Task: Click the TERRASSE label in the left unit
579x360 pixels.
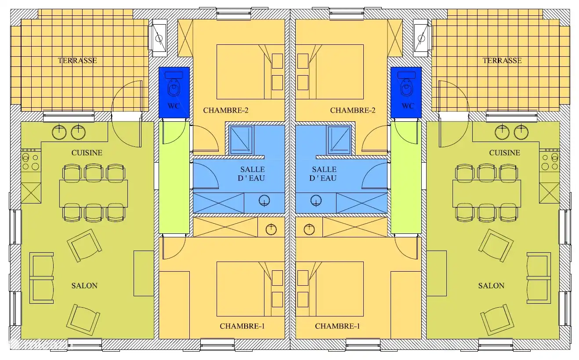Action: tap(77, 61)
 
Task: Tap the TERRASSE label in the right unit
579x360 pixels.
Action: tap(502, 61)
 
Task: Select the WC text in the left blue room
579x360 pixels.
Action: tap(174, 106)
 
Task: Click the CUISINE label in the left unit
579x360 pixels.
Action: tap(87, 153)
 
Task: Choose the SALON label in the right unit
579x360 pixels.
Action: tap(491, 286)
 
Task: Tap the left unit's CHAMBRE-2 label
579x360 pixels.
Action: tap(226, 110)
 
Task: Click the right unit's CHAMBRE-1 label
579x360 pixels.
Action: tap(337, 326)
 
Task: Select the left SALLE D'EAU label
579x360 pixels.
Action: tap(253, 174)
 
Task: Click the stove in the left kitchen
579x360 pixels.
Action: tap(30, 162)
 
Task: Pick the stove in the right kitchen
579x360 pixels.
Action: tap(550, 162)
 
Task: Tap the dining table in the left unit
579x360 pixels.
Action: tap(94, 193)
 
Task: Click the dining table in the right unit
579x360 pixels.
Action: tap(487, 193)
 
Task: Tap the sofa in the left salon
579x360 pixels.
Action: tap(41, 278)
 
